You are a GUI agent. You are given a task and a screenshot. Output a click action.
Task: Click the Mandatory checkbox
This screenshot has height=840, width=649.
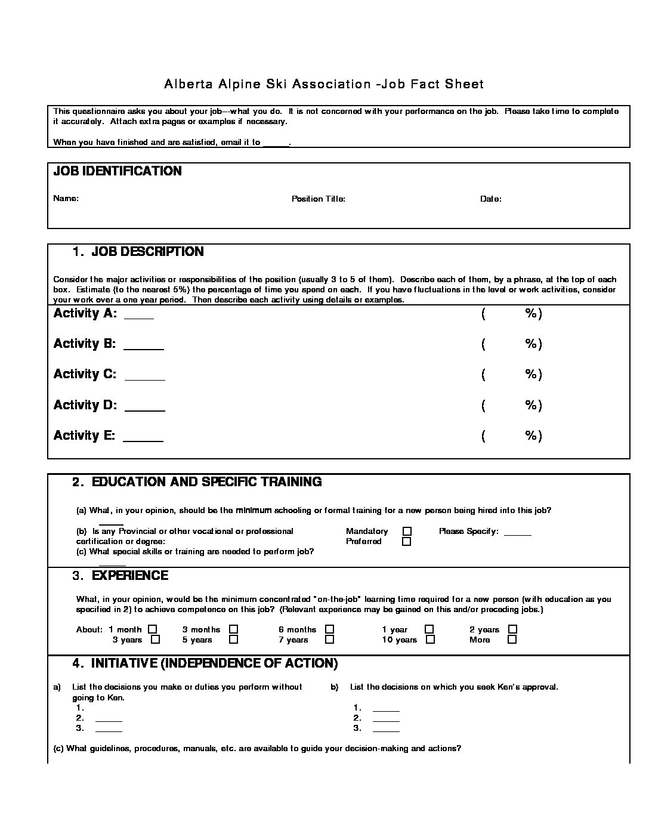407,531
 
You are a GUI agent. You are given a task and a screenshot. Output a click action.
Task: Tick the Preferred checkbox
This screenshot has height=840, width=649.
407,542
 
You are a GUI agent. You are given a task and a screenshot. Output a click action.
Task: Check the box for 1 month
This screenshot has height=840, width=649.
153,629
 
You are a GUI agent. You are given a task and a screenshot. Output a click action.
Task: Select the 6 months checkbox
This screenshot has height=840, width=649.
330,629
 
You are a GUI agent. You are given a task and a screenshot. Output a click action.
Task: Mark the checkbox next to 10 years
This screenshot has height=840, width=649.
430,640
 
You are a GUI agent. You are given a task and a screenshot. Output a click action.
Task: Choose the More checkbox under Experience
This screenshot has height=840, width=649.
512,640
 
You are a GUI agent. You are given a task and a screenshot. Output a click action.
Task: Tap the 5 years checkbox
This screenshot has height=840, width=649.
234,640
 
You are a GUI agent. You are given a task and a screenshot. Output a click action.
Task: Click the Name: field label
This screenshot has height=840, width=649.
66,198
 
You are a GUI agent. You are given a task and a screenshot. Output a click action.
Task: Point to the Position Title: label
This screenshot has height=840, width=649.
318,199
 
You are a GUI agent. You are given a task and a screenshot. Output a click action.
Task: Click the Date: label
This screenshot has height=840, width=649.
490,199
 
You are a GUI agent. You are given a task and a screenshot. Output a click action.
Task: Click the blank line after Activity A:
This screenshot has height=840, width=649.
138,316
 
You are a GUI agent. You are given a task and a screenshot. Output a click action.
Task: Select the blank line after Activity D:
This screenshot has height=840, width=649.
144,409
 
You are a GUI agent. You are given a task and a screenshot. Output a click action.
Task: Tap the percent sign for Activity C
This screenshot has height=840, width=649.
531,374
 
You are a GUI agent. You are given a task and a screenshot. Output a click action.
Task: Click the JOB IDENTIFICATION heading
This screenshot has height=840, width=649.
118,171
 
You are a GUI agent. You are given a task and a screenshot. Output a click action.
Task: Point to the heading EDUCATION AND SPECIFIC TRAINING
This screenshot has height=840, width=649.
206,482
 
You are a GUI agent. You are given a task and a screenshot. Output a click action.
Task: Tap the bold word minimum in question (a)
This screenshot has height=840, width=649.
254,510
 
